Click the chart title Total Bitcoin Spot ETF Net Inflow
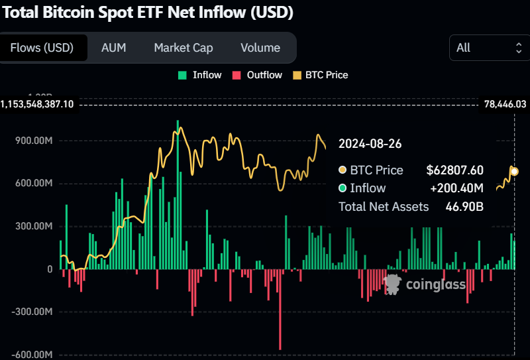(146, 12)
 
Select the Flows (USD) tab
(42, 48)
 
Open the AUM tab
(113, 48)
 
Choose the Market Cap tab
(184, 48)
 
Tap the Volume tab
(260, 48)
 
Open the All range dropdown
(490, 48)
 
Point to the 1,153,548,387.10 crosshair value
(37, 104)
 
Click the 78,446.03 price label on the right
(505, 104)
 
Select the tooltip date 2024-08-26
(370, 144)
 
